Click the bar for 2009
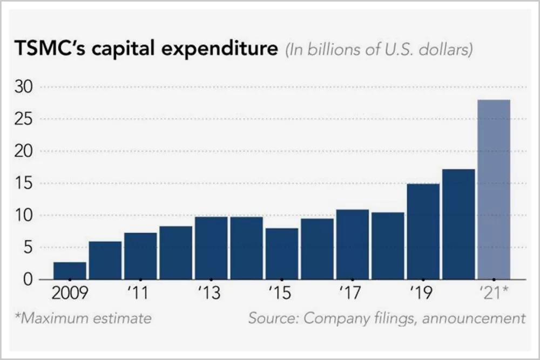coord(70,271)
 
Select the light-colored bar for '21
coord(494,189)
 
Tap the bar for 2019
coord(423,232)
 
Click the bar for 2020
coord(458,225)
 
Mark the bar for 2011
coord(140,256)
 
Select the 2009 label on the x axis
coord(70,294)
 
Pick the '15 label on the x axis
coord(280,294)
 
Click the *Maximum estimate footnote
coord(83,318)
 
